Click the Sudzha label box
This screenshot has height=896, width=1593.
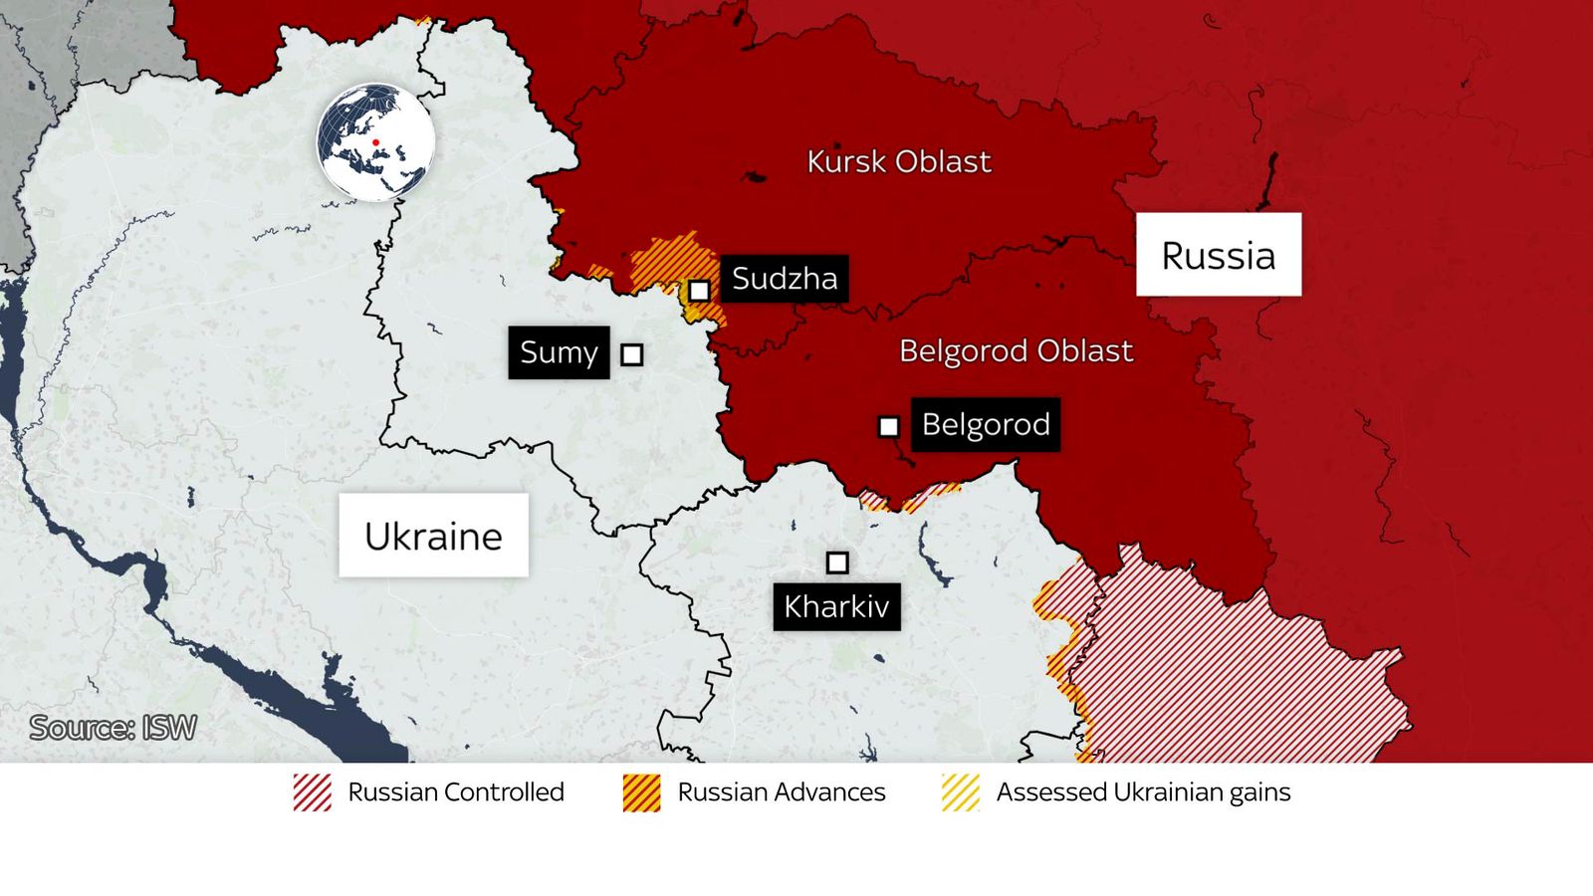coord(785,279)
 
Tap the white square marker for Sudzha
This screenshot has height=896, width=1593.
coord(699,291)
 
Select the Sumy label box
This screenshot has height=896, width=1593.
coord(559,352)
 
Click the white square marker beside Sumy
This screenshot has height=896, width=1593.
coord(631,354)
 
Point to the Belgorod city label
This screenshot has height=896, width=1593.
coord(986,425)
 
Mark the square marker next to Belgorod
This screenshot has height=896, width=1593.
coord(888,427)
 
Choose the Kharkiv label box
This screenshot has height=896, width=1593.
coord(836,606)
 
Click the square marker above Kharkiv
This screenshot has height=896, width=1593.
coord(837,562)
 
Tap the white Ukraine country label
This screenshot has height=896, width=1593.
coord(433,536)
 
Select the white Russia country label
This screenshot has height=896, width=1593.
coord(1219,255)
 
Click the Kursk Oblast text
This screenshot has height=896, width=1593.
coord(898,161)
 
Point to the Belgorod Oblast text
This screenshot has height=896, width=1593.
coord(1016,350)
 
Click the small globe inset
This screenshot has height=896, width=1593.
coord(375,142)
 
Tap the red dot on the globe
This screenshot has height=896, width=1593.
coord(375,142)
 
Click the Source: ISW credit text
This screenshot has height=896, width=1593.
coord(113,728)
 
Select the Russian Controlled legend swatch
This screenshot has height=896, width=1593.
coord(313,792)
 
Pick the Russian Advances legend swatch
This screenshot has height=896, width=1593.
coord(641,792)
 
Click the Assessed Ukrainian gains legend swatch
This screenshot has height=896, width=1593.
coord(961,792)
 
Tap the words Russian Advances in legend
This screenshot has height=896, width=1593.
coord(781,792)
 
